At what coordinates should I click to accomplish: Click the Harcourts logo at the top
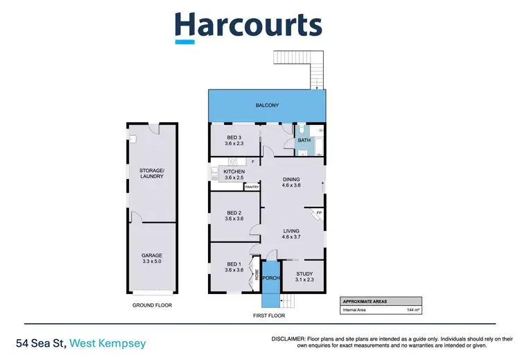(x=248, y=26)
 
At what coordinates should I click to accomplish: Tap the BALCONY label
(x=267, y=105)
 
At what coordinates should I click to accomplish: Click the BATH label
(x=304, y=141)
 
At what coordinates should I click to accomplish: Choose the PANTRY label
(x=252, y=186)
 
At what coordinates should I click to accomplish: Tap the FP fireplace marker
(x=319, y=212)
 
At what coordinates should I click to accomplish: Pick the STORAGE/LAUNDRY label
(x=152, y=173)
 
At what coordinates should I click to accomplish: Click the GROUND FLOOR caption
(x=152, y=305)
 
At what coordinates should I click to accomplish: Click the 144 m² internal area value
(x=414, y=310)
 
